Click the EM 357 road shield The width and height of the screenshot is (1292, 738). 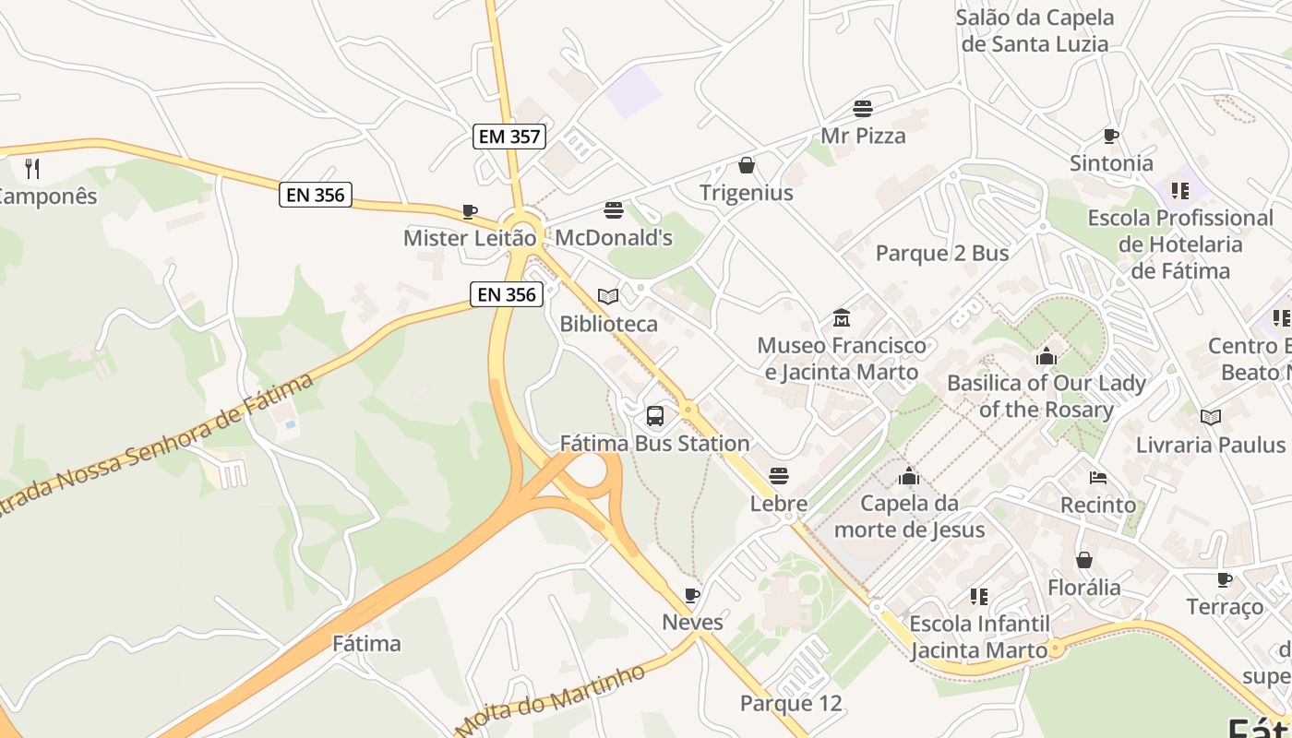[x=510, y=137]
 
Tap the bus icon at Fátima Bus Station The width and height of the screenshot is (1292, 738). [x=655, y=416]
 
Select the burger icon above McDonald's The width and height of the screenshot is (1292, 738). [x=614, y=210]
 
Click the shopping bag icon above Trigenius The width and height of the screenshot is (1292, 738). [x=747, y=165]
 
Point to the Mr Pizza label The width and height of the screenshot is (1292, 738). [x=863, y=136]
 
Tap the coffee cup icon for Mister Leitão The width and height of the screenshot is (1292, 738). [x=470, y=211]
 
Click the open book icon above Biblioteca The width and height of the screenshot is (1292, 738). [x=608, y=296]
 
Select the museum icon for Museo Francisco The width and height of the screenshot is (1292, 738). [x=841, y=318]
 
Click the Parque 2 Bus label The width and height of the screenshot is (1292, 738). [x=942, y=253]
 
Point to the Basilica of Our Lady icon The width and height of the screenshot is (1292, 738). [x=1047, y=355]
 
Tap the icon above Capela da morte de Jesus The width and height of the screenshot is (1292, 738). [x=909, y=476]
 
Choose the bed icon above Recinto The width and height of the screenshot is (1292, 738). [x=1098, y=478]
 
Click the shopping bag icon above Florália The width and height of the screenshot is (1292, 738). [x=1084, y=560]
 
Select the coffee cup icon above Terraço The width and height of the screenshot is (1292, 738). [x=1225, y=579]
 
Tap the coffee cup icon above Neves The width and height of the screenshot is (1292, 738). [x=692, y=595]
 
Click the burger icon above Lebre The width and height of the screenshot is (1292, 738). [x=779, y=476]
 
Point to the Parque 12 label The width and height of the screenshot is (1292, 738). [x=791, y=704]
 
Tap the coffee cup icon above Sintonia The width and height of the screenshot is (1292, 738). [x=1111, y=137]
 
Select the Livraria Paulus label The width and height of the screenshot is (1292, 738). [x=1211, y=445]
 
